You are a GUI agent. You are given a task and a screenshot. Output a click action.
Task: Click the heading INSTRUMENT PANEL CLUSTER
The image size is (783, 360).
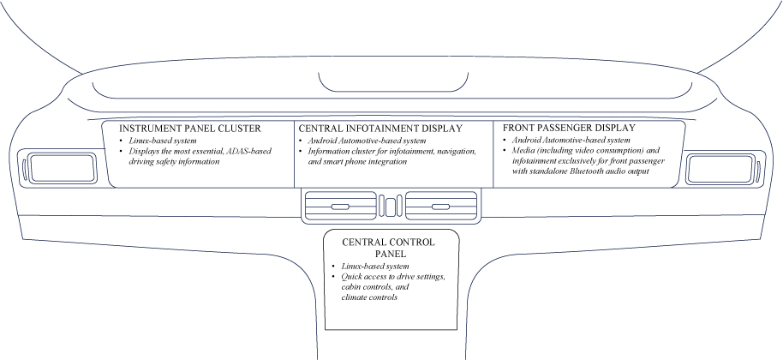coord(189,129)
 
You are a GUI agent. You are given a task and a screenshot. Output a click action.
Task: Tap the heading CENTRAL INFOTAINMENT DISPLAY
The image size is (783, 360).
coord(380,129)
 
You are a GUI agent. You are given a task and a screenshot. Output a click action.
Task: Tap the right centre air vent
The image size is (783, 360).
coord(440,206)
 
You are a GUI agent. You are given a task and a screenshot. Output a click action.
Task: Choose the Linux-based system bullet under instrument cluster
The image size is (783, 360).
coord(162,140)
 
